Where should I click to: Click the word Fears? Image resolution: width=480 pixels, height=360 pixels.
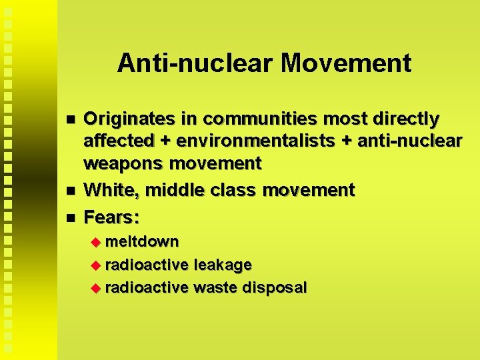(111, 217)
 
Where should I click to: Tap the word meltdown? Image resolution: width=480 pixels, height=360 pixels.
(142, 241)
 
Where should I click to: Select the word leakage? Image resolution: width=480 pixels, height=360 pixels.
(223, 265)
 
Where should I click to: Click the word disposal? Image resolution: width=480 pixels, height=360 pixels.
(275, 288)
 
